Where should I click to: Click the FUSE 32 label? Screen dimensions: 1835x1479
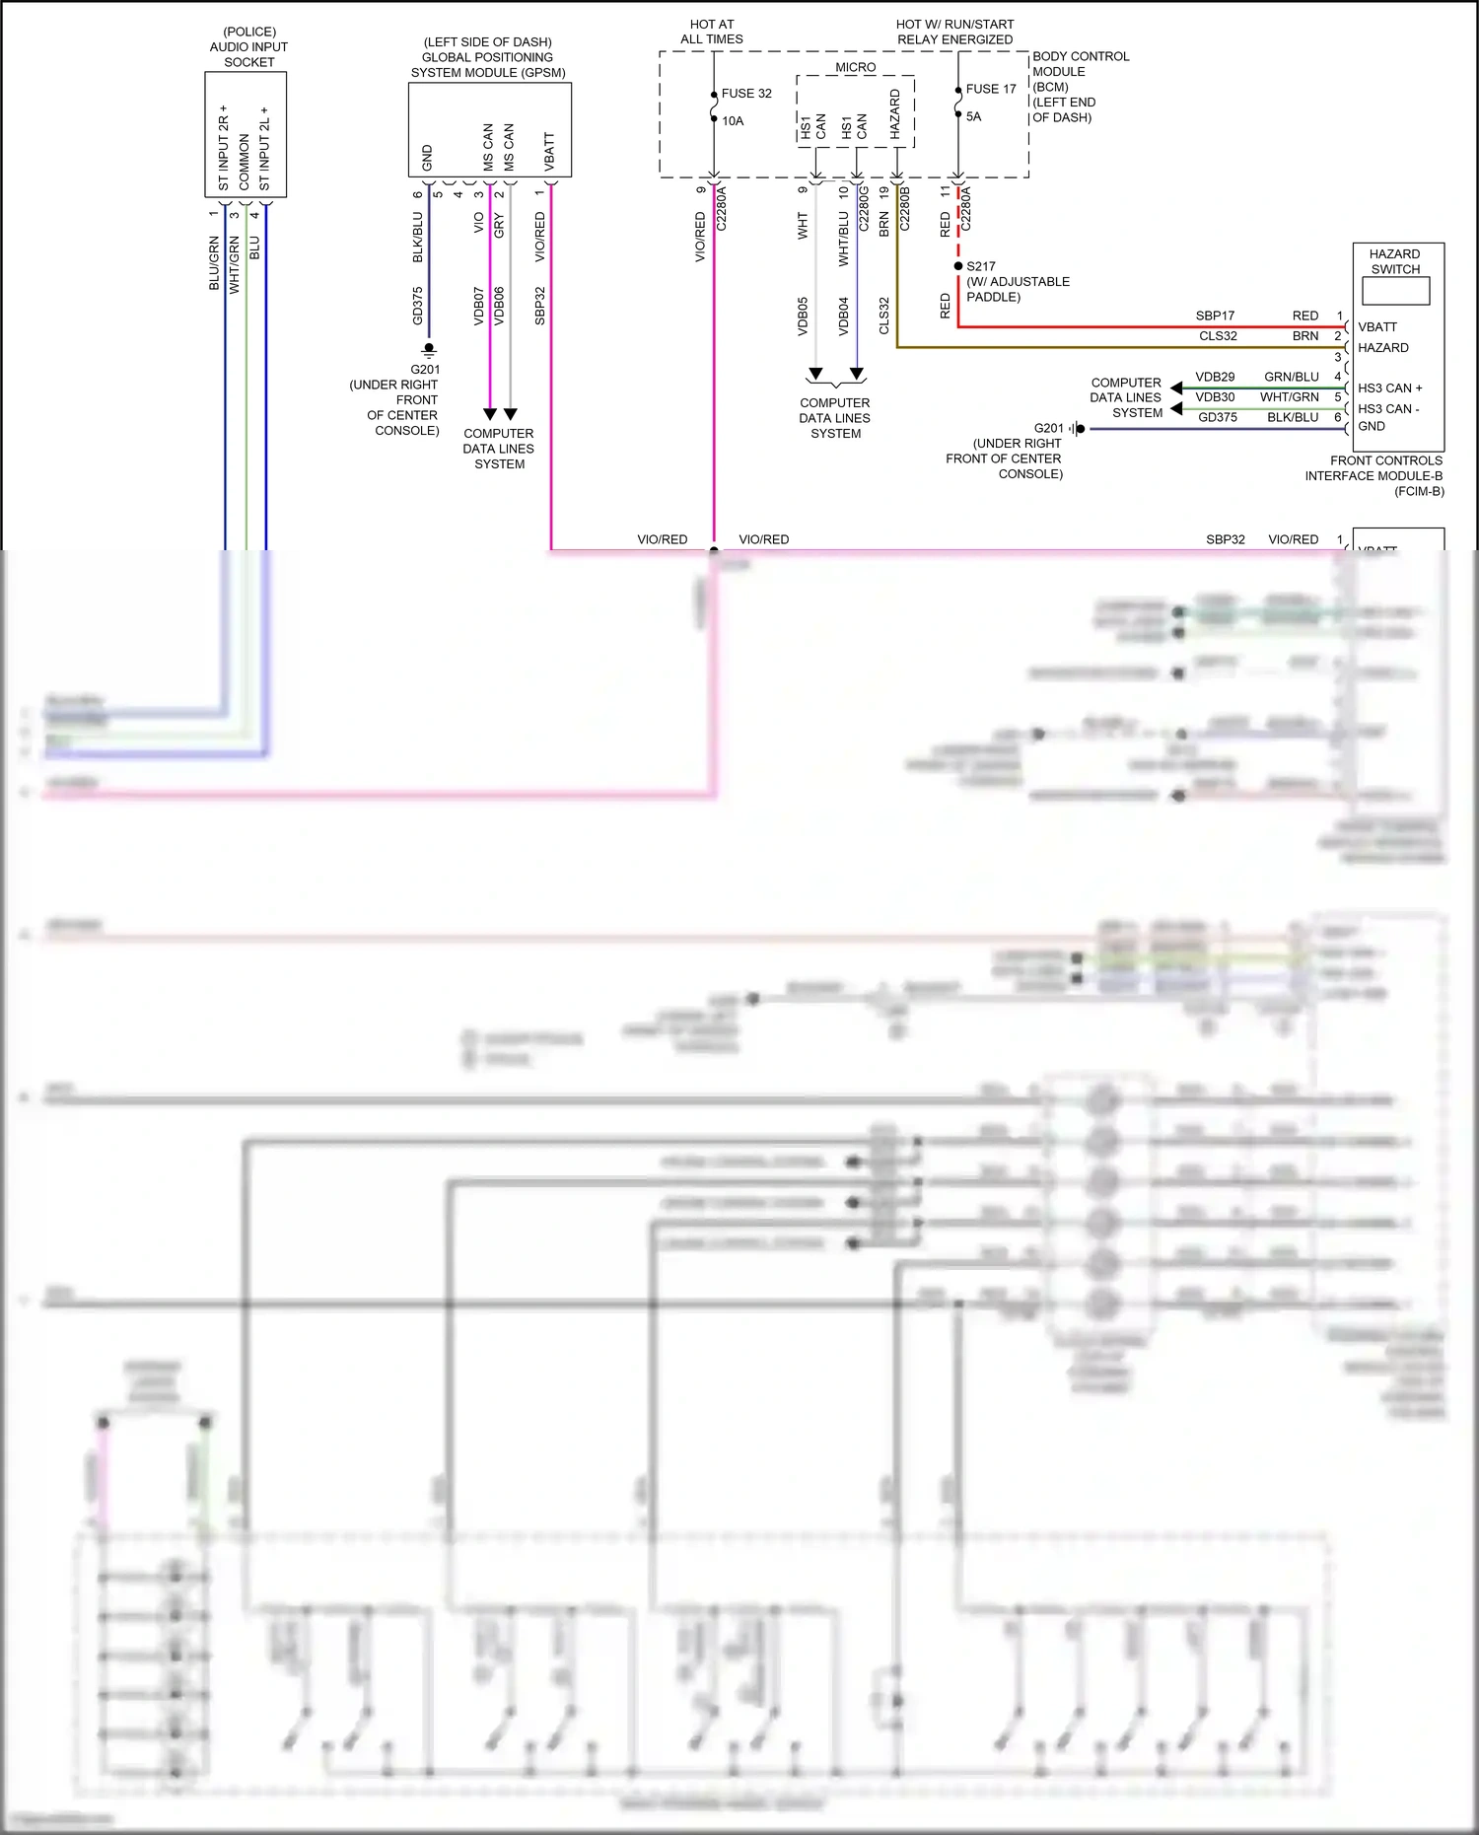pyautogui.click(x=745, y=94)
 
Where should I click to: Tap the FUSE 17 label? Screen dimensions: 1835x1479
pyautogui.click(x=990, y=89)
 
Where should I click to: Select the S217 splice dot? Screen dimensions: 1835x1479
pyautogui.click(x=957, y=266)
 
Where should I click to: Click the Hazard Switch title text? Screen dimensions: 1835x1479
pyautogui.click(x=1394, y=261)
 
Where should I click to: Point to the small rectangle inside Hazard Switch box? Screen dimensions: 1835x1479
pyautogui.click(x=1395, y=291)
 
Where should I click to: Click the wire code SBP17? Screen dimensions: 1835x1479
pyautogui.click(x=1215, y=316)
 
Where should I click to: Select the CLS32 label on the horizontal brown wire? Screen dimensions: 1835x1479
pyautogui.click(x=1218, y=336)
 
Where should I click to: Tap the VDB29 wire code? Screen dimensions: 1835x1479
pyautogui.click(x=1215, y=377)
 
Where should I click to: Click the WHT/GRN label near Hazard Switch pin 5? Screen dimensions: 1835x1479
pyautogui.click(x=1289, y=397)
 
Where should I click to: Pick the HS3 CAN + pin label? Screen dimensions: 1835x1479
pyautogui.click(x=1389, y=388)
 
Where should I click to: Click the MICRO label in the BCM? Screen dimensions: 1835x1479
pyautogui.click(x=855, y=67)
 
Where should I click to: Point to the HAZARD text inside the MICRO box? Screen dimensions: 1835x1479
pyautogui.click(x=895, y=113)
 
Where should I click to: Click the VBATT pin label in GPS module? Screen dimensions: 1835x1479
pyautogui.click(x=549, y=152)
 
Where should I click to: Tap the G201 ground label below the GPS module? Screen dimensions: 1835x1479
pyautogui.click(x=425, y=370)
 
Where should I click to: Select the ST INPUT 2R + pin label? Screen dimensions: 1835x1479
pyautogui.click(x=224, y=148)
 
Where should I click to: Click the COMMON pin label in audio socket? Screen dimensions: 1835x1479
pyautogui.click(x=245, y=163)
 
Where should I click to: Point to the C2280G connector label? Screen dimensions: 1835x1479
pyautogui.click(x=864, y=208)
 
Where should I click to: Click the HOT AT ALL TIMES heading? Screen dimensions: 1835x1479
pyautogui.click(x=711, y=32)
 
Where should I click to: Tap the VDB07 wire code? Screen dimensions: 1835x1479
pyautogui.click(x=479, y=306)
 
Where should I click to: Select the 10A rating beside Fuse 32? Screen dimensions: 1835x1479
pyautogui.click(x=733, y=121)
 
